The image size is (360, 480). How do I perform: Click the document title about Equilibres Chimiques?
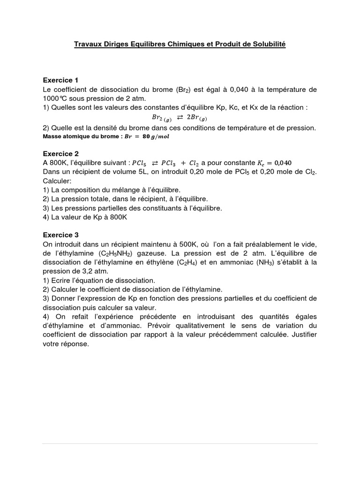(180, 44)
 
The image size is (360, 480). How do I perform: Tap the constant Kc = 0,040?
(274, 163)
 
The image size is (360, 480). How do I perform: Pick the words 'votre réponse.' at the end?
(65, 343)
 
